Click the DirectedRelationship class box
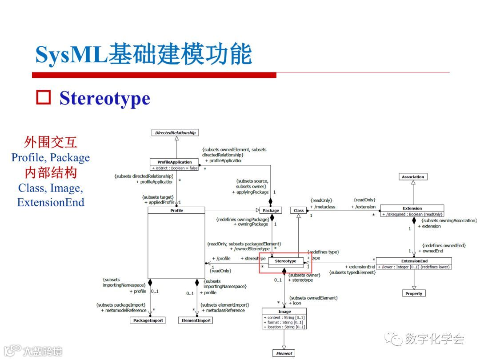(175, 132)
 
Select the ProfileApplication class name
(175, 162)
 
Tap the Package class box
(271, 210)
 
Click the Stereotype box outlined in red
(285, 261)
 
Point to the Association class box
(413, 177)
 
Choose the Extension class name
(412, 208)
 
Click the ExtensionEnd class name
(414, 261)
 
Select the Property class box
(414, 293)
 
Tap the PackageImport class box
(148, 320)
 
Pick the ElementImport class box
(196, 320)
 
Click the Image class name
(284, 312)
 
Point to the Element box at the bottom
(284, 353)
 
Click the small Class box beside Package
(299, 210)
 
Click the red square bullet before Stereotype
(44, 98)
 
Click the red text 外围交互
(50, 142)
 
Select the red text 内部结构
(50, 172)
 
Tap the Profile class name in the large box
(176, 210)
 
